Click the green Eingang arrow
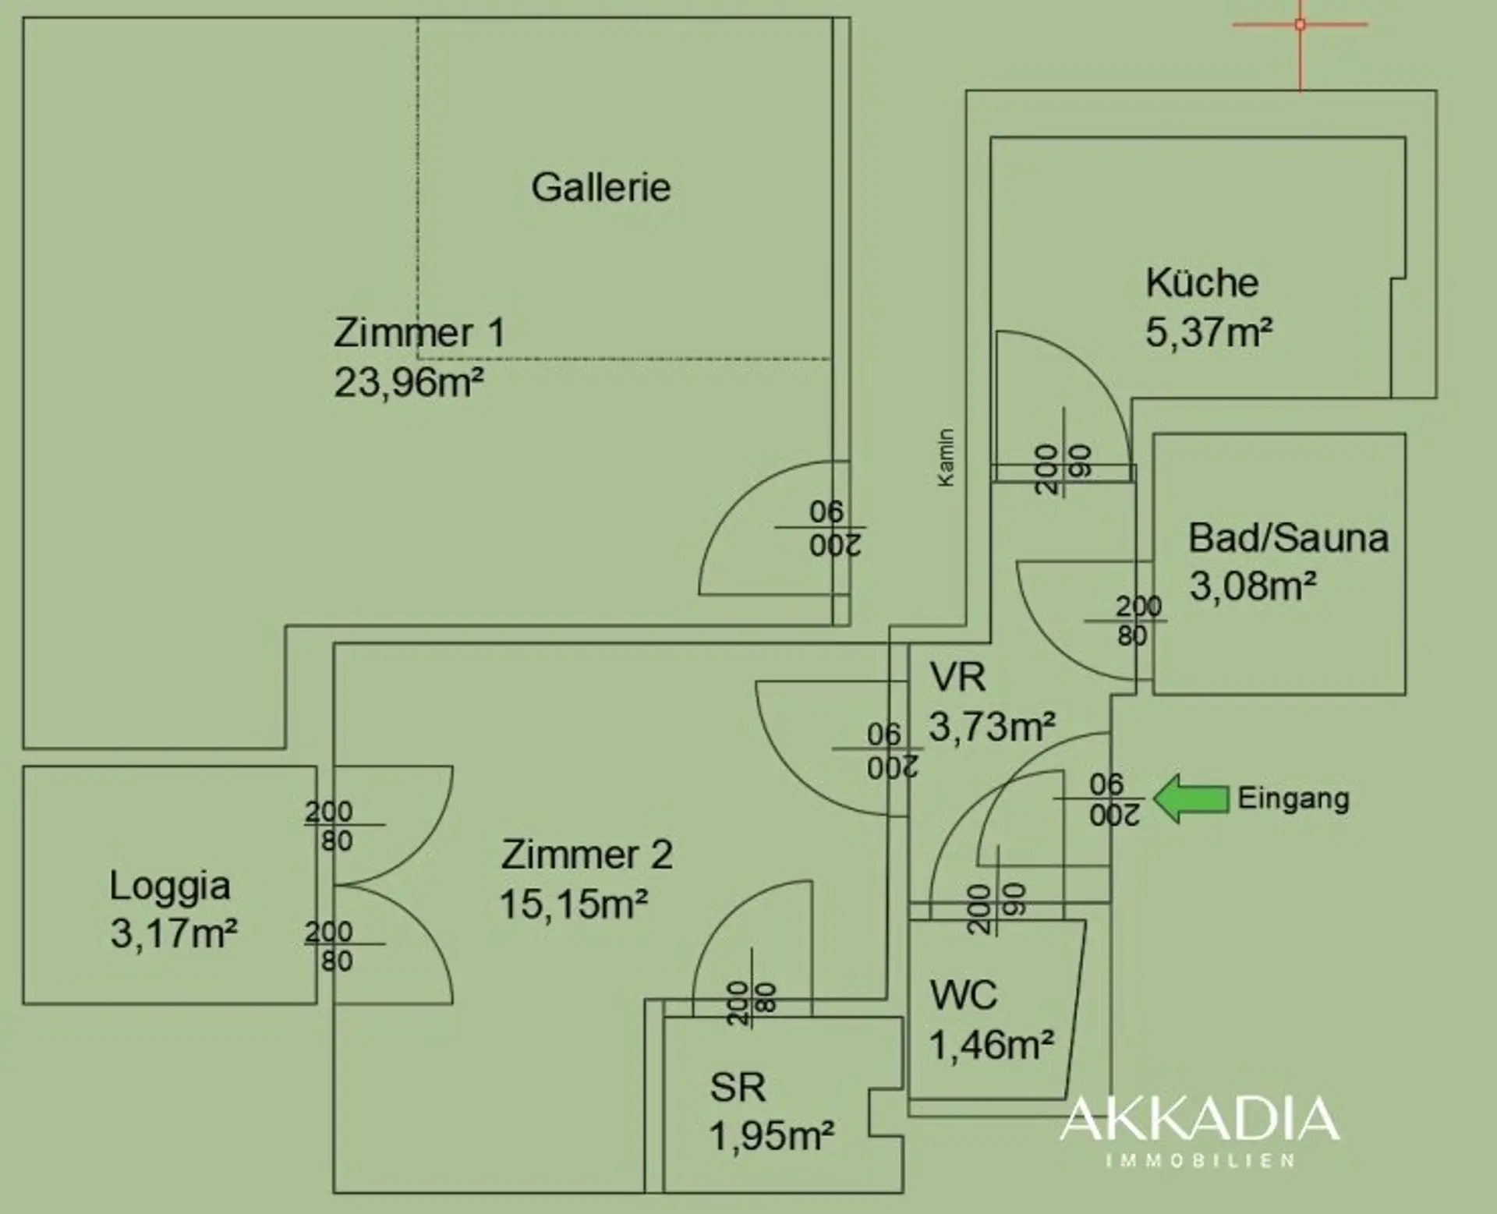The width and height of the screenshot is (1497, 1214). click(x=1191, y=798)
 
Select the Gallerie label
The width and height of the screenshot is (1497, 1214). click(x=601, y=187)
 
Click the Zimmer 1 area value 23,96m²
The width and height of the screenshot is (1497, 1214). click(x=409, y=383)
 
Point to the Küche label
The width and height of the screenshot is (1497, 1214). click(x=1202, y=282)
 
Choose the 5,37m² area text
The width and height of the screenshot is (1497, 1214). click(x=1209, y=332)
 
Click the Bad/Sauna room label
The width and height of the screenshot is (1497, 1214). click(x=1289, y=538)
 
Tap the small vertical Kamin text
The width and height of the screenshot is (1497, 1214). click(x=946, y=458)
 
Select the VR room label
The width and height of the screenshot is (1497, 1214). click(x=957, y=677)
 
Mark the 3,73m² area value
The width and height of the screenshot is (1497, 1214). click(x=993, y=727)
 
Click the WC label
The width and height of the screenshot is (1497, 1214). click(x=964, y=996)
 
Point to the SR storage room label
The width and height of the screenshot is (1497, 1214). click(x=738, y=1087)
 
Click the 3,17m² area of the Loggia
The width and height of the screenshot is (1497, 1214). click(x=174, y=933)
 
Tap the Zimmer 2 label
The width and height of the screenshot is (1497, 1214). click(x=586, y=855)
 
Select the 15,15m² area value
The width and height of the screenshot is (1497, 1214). click(x=574, y=904)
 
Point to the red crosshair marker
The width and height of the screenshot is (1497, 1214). click(x=1300, y=25)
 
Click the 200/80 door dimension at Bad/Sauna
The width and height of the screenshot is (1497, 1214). click(x=1137, y=621)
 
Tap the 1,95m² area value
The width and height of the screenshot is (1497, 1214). click(x=772, y=1136)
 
